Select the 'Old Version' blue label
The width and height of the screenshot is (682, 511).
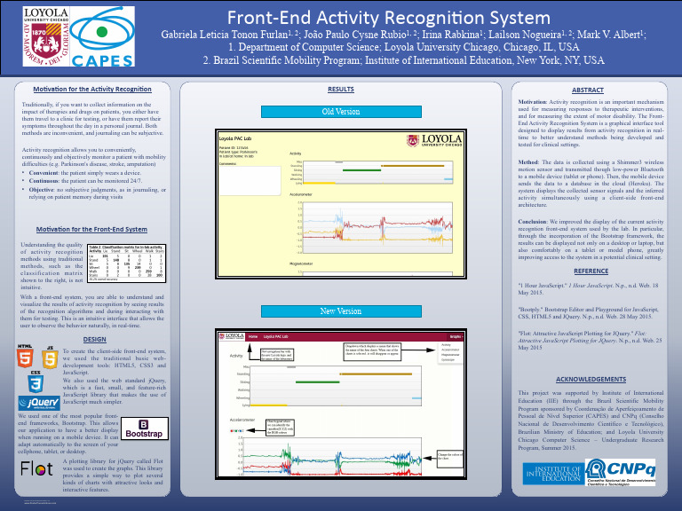[340, 112]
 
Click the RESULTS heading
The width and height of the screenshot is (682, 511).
[341, 90]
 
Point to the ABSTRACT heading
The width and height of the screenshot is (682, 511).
[587, 90]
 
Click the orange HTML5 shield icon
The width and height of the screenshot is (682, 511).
[26, 359]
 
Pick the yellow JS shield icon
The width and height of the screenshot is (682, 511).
[51, 359]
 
